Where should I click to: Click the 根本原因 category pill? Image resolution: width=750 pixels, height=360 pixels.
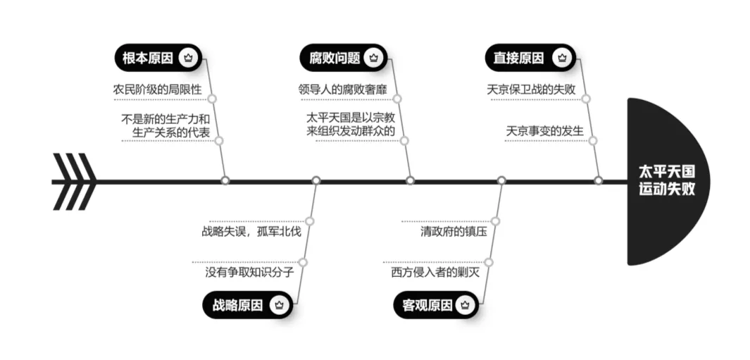coord(158,58)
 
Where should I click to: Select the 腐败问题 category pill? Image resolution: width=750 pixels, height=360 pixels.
coord(343,58)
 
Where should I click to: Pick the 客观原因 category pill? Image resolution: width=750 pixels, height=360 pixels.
coord(435,305)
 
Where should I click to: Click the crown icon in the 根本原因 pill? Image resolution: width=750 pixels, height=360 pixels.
coord(187,58)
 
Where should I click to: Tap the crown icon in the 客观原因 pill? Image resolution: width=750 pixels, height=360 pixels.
coord(464,305)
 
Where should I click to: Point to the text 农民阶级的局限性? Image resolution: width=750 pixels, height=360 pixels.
coord(157,90)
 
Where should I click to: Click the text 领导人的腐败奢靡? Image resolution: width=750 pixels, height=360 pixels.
coord(342,90)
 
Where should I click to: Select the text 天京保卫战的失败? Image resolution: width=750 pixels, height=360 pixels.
coord(531,90)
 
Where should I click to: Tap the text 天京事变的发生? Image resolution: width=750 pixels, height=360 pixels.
coord(544,131)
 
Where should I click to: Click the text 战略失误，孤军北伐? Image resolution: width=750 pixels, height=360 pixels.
coord(251,231)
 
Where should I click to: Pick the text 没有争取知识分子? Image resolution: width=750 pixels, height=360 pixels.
coord(249,272)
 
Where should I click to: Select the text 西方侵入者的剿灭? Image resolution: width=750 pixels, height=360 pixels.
coord(435,272)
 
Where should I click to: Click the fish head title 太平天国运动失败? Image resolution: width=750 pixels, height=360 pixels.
coord(665,181)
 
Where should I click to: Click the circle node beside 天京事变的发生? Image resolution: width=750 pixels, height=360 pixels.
coord(593,140)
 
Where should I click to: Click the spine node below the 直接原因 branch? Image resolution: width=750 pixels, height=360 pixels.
coord(599,180)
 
